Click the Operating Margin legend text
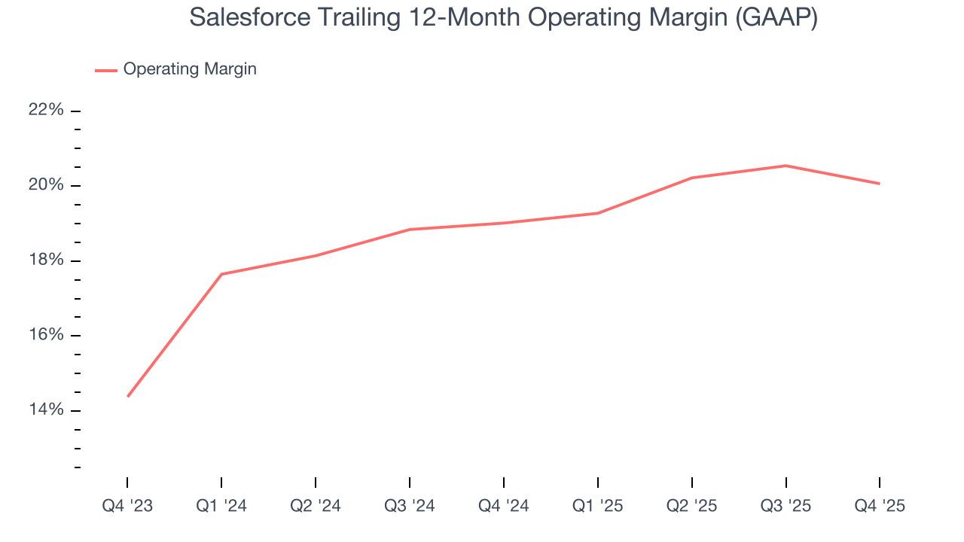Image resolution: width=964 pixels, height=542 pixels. point(190,69)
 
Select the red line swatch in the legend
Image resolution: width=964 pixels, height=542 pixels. point(105,70)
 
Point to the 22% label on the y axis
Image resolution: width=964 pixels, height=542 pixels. point(46,110)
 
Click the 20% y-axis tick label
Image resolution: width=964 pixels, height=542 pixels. point(46,185)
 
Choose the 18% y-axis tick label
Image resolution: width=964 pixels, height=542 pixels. point(46,260)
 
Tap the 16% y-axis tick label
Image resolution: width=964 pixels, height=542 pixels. point(46,335)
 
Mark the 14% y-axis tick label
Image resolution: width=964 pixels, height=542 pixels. point(46,410)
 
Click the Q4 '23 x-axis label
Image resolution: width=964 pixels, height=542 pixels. point(127,506)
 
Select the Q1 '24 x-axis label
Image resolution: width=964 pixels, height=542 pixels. point(221,506)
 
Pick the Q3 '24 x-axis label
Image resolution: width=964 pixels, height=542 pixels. point(410,506)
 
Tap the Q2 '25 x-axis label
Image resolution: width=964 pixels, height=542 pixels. point(691,506)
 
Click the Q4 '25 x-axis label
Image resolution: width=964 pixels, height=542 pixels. point(880,506)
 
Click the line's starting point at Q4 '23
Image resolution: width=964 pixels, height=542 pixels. point(127,396)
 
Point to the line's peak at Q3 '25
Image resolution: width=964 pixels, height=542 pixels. point(786,166)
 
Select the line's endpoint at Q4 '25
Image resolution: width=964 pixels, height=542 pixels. point(879,184)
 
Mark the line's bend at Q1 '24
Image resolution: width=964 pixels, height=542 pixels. point(221,274)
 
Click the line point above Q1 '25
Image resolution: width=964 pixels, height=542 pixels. point(597,213)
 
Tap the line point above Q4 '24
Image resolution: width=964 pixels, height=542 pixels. point(503,223)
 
